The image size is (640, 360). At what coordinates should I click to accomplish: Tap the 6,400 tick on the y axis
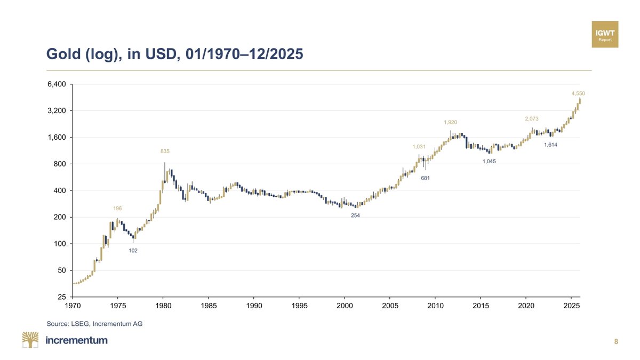(57, 84)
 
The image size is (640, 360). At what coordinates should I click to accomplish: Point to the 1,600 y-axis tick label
(57, 138)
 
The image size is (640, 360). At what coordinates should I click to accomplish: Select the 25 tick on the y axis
(61, 297)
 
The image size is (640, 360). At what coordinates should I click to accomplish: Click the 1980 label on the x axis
(163, 306)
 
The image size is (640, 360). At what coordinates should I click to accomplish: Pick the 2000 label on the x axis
(345, 306)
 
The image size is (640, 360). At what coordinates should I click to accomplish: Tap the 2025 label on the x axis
(571, 306)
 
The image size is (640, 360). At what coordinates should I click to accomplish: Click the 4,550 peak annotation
(578, 93)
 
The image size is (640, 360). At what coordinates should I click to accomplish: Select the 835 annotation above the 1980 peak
(165, 152)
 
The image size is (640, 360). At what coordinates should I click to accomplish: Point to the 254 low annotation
(355, 215)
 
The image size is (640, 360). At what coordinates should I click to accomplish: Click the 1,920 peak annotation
(451, 123)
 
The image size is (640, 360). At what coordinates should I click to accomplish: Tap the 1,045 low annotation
(489, 162)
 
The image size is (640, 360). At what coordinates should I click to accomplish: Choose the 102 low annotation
(133, 250)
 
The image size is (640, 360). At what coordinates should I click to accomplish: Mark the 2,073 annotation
(532, 118)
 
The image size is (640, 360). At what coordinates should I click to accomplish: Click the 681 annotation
(425, 178)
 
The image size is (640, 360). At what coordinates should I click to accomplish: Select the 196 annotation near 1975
(117, 208)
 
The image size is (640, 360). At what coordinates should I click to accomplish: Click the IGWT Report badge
(605, 35)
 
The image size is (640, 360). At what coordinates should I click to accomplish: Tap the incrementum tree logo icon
(30, 340)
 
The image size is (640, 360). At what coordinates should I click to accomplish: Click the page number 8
(616, 342)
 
